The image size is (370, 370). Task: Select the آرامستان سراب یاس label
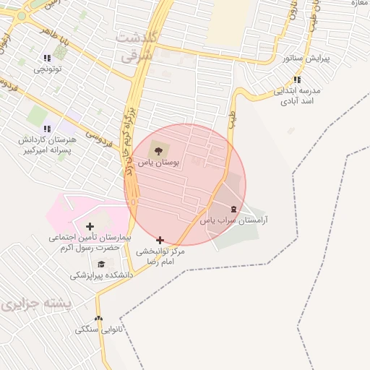(233, 219)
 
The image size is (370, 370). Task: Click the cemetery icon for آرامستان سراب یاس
(233, 208)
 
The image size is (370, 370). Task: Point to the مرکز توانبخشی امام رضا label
(161, 255)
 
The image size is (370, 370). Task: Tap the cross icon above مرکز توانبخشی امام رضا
(160, 240)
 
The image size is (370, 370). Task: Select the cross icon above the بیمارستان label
(90, 227)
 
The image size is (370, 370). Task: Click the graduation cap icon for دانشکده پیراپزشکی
(101, 264)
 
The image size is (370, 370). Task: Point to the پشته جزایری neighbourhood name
(37, 304)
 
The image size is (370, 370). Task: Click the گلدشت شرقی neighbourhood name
(139, 45)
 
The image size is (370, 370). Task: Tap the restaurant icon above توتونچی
(48, 59)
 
